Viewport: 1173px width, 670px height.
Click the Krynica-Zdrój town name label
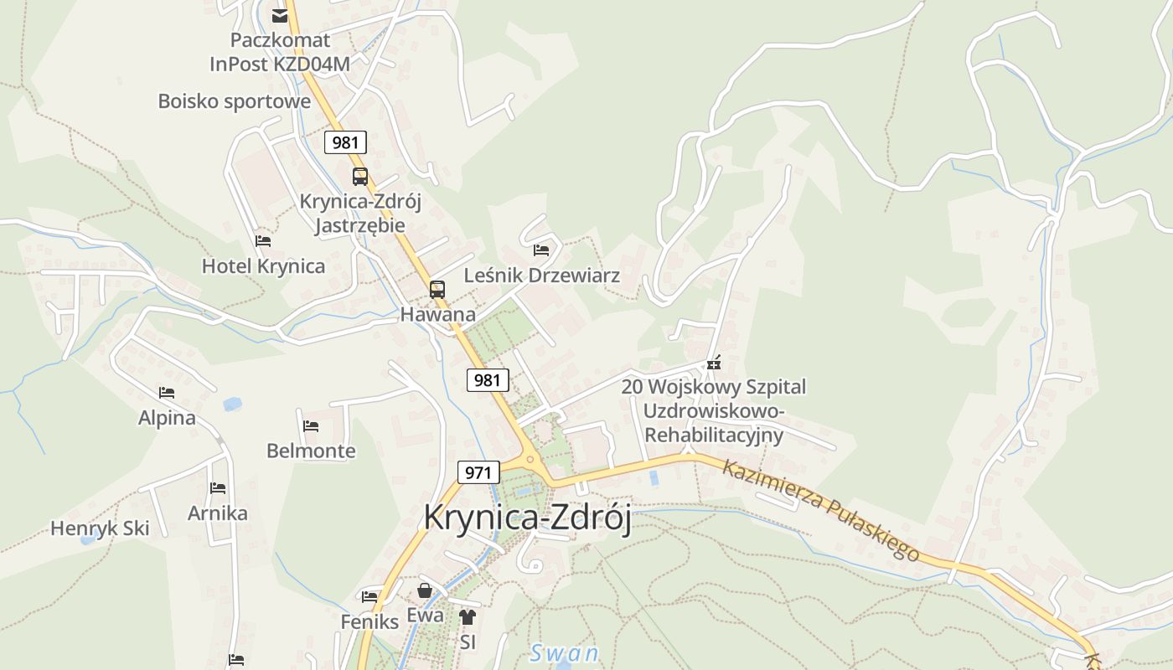point(527,517)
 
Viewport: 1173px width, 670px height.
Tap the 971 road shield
point(478,472)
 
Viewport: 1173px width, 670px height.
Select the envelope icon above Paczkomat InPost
point(280,15)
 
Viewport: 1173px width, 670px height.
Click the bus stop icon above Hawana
point(437,290)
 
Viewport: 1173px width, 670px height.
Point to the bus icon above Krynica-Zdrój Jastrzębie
point(360,177)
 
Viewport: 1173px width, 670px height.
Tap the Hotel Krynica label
point(263,266)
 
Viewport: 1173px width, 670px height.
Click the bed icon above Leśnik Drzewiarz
point(541,250)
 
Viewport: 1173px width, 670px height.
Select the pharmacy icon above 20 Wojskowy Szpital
point(713,363)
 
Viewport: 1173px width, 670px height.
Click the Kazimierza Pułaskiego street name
point(820,510)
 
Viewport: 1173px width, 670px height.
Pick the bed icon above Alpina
point(167,392)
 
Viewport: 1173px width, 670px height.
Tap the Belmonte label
point(311,451)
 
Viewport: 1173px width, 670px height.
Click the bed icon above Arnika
point(218,487)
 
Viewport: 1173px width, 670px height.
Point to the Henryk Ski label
point(100,528)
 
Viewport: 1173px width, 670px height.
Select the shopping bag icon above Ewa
point(425,590)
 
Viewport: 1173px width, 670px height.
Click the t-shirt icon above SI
point(468,617)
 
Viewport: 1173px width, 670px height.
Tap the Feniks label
point(369,622)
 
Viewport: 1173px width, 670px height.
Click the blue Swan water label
point(565,653)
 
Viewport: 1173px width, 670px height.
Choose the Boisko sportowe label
point(235,101)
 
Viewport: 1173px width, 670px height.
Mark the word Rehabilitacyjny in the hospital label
point(714,435)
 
